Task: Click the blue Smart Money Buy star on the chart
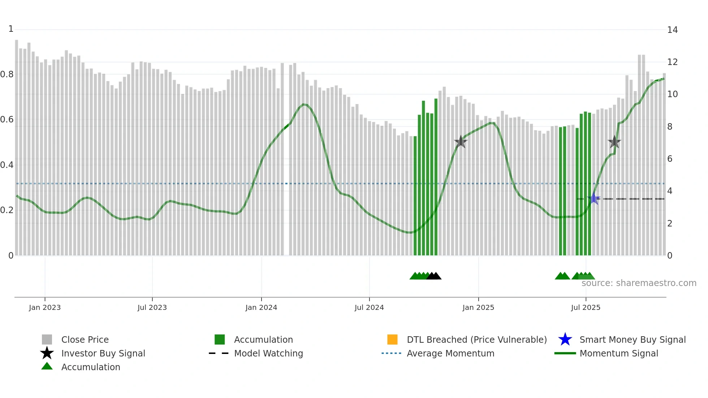tap(593, 198)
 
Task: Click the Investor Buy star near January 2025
tap(461, 142)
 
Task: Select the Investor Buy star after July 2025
tap(614, 142)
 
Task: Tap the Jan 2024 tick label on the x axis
tap(261, 308)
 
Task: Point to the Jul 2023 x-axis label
tap(152, 308)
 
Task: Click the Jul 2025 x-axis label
tap(586, 308)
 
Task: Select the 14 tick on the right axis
tap(672, 30)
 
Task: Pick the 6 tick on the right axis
tap(670, 159)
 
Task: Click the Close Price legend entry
tap(85, 340)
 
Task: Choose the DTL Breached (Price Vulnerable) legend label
tap(476, 340)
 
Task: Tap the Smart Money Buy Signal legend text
tap(632, 340)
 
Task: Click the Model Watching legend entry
tap(268, 354)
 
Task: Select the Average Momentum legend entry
tap(450, 354)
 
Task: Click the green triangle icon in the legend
tap(47, 367)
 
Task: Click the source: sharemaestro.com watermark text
tap(639, 283)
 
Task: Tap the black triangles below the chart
tap(434, 276)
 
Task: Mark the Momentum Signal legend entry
tap(618, 354)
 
